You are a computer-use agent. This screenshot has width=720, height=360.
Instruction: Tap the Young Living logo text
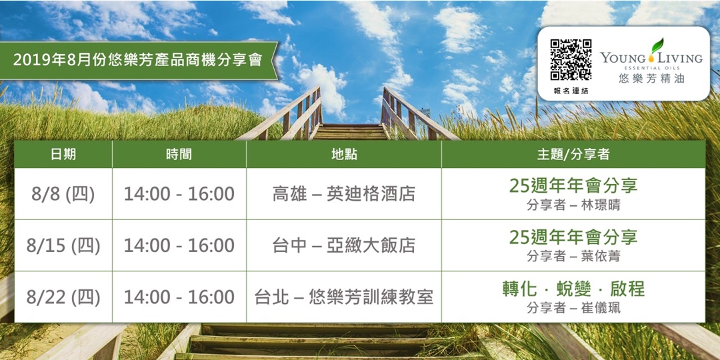(651, 58)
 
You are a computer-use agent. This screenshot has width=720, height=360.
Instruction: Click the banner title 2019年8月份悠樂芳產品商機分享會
(137, 59)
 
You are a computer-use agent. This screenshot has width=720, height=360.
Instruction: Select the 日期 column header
(63, 154)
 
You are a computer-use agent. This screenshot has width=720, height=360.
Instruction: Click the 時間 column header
(179, 154)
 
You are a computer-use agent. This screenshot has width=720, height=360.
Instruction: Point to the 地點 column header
(344, 154)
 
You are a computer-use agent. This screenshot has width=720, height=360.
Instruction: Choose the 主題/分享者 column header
(573, 154)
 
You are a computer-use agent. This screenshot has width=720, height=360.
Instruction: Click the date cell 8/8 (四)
(63, 194)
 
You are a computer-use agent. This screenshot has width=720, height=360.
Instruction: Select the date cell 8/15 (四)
(63, 245)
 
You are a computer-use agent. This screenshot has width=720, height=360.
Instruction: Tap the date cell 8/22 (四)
(63, 297)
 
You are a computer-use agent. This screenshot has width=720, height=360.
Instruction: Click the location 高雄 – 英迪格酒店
(344, 194)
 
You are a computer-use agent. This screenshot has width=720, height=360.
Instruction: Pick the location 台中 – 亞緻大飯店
(344, 245)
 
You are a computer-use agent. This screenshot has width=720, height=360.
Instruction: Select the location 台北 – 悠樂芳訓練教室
(344, 297)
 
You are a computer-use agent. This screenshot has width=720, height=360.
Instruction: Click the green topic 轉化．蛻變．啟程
(573, 289)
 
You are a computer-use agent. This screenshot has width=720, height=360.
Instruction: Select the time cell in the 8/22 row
(179, 297)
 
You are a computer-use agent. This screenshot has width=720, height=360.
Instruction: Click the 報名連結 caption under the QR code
(571, 90)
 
